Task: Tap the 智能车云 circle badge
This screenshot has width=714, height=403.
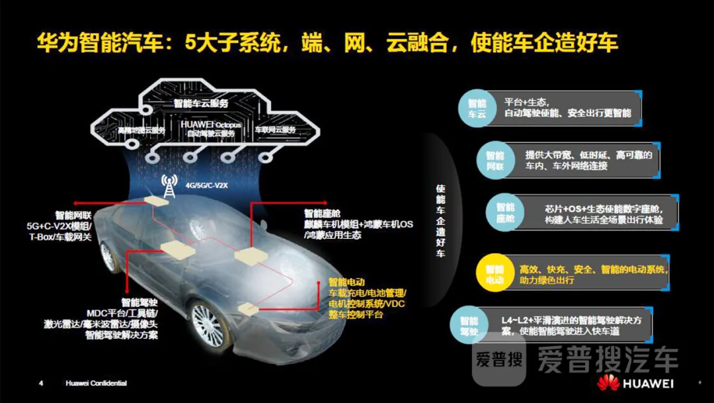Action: pos(477,109)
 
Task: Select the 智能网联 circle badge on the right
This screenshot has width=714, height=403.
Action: pos(495,161)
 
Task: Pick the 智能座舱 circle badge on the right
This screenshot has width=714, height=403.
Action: pos(504,212)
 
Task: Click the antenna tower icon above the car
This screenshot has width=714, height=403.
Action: pos(167,187)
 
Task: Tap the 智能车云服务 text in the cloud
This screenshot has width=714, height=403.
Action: pos(201,104)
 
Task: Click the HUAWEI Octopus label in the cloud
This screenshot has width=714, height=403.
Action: pos(211,128)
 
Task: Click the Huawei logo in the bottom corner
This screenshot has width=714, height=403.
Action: pos(635,383)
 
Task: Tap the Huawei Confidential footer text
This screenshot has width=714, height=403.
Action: pos(96,383)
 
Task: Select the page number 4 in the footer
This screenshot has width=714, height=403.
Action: pos(41,383)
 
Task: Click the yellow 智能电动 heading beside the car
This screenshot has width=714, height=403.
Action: pos(346,282)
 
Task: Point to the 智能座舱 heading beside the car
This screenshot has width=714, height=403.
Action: pos(322,213)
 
